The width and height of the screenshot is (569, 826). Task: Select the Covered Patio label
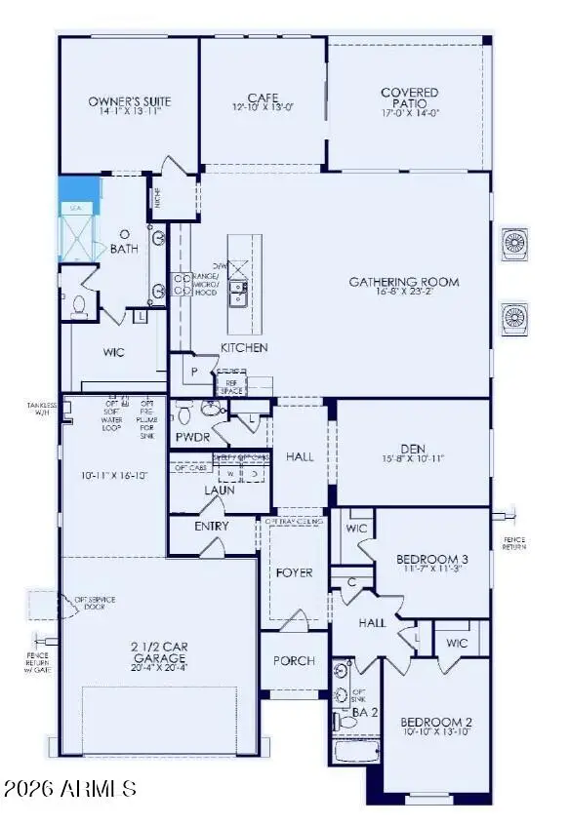[x=409, y=98]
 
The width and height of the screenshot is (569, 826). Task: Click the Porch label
[x=293, y=660]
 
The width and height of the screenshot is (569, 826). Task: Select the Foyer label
[x=293, y=572]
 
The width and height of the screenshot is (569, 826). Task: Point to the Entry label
[x=211, y=526]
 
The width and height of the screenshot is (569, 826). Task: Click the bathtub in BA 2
[x=356, y=751]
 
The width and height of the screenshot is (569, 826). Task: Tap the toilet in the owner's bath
[x=79, y=306]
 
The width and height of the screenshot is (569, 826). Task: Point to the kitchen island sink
[x=236, y=288]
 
